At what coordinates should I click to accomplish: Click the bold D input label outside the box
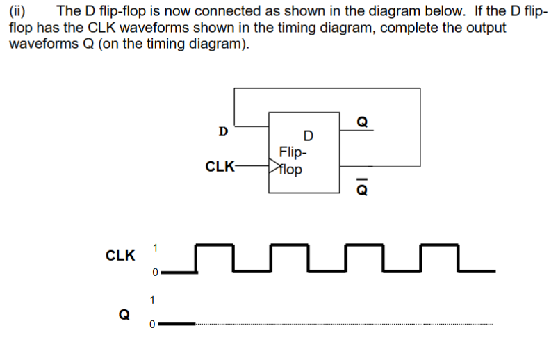point(222,130)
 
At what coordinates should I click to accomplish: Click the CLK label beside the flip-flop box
point(220,167)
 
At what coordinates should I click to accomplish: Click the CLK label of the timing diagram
point(120,256)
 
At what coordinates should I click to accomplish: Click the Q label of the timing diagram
point(124,313)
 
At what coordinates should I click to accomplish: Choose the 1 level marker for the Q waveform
point(152,300)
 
